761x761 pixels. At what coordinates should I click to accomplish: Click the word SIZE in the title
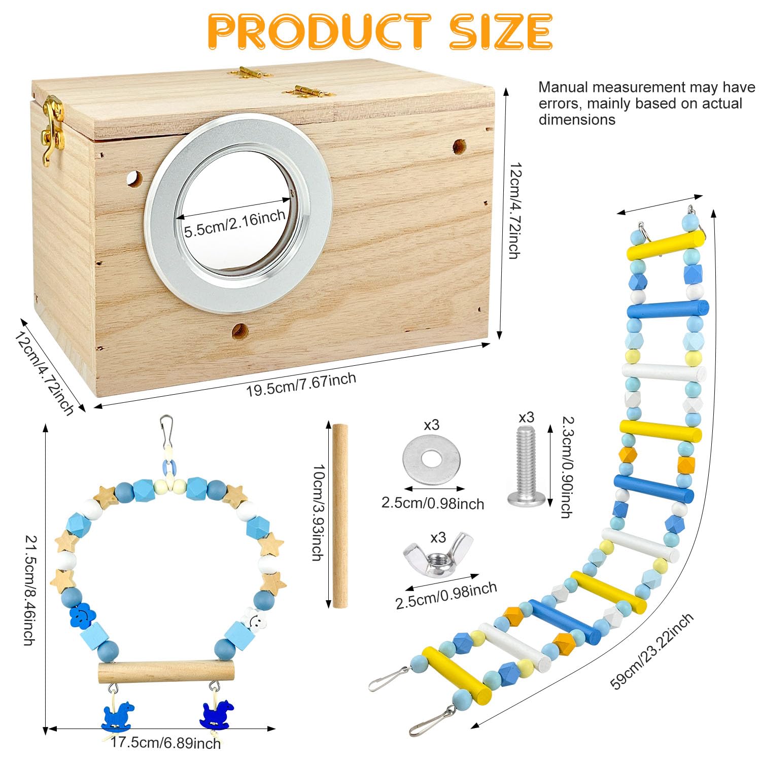click(x=501, y=31)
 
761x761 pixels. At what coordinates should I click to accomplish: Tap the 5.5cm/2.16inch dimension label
click(x=234, y=224)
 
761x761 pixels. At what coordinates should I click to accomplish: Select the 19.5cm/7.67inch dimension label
click(x=301, y=385)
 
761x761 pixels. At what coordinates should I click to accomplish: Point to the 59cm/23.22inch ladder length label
click(x=651, y=651)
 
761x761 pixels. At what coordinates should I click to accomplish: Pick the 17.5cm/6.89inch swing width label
click(x=166, y=743)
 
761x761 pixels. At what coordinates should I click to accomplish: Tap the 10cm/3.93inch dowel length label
click(x=318, y=513)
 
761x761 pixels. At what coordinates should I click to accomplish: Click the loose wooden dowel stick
click(x=340, y=515)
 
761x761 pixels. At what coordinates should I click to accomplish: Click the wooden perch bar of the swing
click(x=166, y=673)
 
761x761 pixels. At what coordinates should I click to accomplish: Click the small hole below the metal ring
click(x=240, y=331)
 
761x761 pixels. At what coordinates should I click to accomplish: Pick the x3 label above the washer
click(x=431, y=425)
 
